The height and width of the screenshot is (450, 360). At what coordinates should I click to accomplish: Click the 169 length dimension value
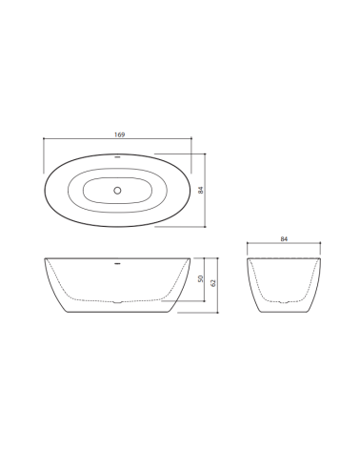coord(119,135)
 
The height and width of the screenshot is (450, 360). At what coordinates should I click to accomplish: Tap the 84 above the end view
coord(283,240)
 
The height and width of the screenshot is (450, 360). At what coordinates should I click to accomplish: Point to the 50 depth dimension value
coord(201,279)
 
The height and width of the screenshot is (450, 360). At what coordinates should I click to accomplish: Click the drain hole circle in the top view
coord(117,190)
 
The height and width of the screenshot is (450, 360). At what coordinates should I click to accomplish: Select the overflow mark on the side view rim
coord(117,259)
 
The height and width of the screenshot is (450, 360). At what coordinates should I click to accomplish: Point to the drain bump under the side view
coord(117,302)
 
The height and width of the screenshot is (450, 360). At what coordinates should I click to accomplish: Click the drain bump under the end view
coord(283,302)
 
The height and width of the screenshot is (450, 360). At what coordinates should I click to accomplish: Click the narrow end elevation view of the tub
coord(283,284)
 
